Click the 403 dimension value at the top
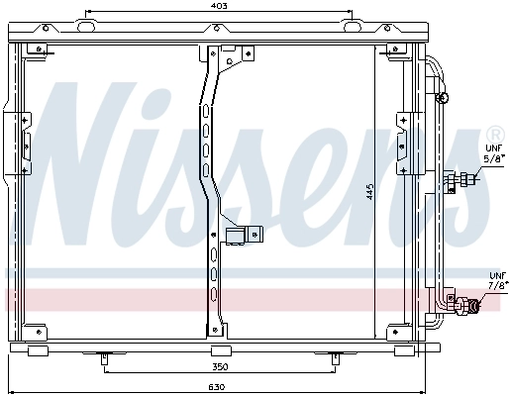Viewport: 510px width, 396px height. point(220,7)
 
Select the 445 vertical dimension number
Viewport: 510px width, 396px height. point(368,192)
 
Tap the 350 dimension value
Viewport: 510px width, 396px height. point(220,366)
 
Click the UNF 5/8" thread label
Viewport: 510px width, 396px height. point(492,153)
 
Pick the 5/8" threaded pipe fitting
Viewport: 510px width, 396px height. point(462,180)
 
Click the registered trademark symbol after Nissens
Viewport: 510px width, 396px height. point(493,135)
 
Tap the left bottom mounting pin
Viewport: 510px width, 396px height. point(104,358)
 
